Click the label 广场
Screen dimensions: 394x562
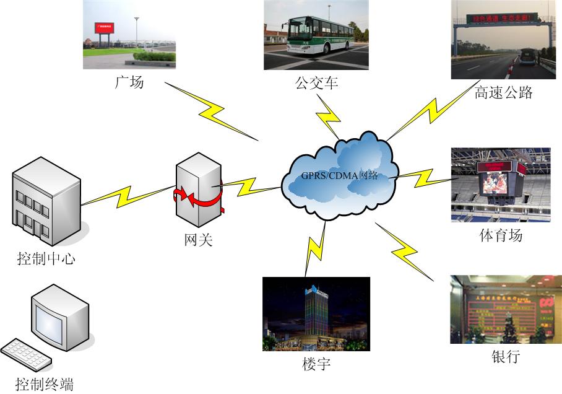click(129, 81)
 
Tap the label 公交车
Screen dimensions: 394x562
click(316, 82)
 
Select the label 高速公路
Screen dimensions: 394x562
click(503, 93)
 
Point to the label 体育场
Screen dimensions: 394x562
click(501, 235)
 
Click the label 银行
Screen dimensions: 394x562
click(505, 356)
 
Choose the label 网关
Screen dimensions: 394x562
click(198, 239)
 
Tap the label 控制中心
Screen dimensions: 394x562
click(46, 258)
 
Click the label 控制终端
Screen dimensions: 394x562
click(45, 383)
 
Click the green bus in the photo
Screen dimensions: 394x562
click(318, 35)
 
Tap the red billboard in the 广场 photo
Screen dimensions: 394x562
click(105, 28)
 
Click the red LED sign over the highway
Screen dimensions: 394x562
click(503, 19)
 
